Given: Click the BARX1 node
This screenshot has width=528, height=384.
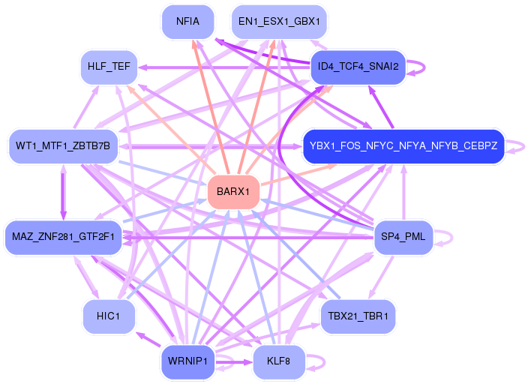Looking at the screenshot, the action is [x=234, y=192].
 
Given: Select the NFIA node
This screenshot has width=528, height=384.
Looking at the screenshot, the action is [x=188, y=22].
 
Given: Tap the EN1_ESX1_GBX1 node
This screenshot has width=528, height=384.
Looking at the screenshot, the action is [x=279, y=22].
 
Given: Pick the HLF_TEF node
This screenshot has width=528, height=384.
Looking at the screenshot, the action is [x=109, y=67].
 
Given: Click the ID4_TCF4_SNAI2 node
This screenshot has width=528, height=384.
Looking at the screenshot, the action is [x=358, y=67].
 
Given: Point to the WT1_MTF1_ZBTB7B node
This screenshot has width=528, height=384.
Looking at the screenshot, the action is [x=63, y=146].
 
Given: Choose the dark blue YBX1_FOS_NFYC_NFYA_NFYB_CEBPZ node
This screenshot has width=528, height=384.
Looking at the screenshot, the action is [x=403, y=146].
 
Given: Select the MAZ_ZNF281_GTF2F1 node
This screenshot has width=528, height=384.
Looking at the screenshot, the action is [x=63, y=237].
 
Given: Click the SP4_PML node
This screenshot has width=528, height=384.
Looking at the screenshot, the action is [x=403, y=237].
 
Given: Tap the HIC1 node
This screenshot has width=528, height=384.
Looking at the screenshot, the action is [x=109, y=316].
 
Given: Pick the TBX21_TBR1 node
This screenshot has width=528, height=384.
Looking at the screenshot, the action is [x=358, y=316].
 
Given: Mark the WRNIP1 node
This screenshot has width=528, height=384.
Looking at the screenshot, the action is [x=188, y=361].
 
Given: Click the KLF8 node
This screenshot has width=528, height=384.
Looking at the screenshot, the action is [x=279, y=361].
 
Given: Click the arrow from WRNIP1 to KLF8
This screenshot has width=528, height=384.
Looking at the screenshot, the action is [x=234, y=362].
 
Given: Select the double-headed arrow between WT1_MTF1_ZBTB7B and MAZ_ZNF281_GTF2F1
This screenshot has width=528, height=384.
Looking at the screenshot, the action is [x=63, y=192].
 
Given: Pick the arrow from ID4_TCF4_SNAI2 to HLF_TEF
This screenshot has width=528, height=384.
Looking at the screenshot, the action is [x=224, y=67].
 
